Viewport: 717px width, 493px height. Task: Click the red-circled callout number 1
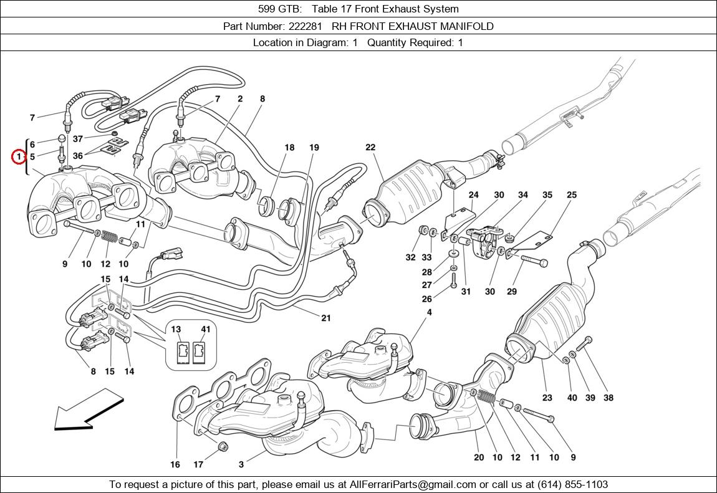pyautogui.click(x=18, y=157)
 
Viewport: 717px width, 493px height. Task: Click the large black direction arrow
pyautogui.click(x=89, y=410)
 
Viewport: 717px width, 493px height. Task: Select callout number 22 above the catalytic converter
pyautogui.click(x=370, y=147)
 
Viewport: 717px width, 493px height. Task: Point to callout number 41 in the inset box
pyautogui.click(x=206, y=329)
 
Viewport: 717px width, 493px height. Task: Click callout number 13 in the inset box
pyautogui.click(x=176, y=329)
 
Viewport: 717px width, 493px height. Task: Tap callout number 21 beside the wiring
pyautogui.click(x=325, y=318)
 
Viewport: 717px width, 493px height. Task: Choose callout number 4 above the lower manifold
pyautogui.click(x=430, y=312)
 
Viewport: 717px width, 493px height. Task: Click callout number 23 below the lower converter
pyautogui.click(x=547, y=398)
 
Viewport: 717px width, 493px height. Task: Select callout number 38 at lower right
pyautogui.click(x=608, y=398)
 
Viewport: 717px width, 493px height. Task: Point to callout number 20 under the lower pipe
pyautogui.click(x=479, y=457)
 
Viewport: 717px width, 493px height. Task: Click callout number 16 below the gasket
pyautogui.click(x=175, y=465)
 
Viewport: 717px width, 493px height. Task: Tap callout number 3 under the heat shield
pyautogui.click(x=241, y=465)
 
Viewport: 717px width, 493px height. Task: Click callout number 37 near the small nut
pyautogui.click(x=78, y=139)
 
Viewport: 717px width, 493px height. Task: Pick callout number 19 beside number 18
pyautogui.click(x=314, y=148)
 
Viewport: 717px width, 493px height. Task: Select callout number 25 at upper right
pyautogui.click(x=572, y=194)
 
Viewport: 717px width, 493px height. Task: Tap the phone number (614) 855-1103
pyautogui.click(x=573, y=484)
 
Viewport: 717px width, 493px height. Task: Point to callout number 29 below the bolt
pyautogui.click(x=512, y=292)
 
